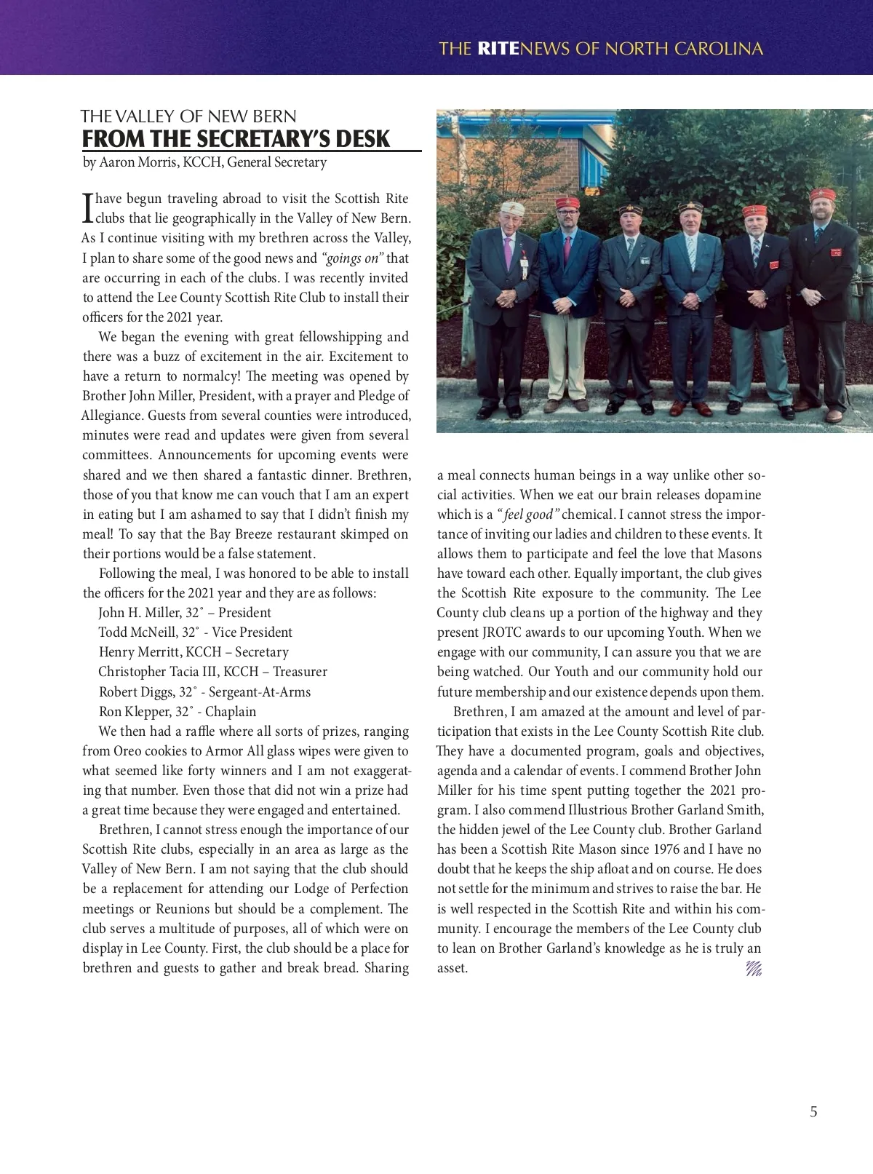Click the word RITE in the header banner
point(498,49)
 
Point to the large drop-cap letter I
point(88,207)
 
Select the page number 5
point(813,1111)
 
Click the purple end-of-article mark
point(753,969)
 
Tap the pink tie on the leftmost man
point(508,251)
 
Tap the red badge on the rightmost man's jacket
point(837,254)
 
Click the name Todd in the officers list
point(113,632)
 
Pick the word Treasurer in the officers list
point(300,672)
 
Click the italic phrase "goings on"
point(352,258)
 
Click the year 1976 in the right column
point(667,849)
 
